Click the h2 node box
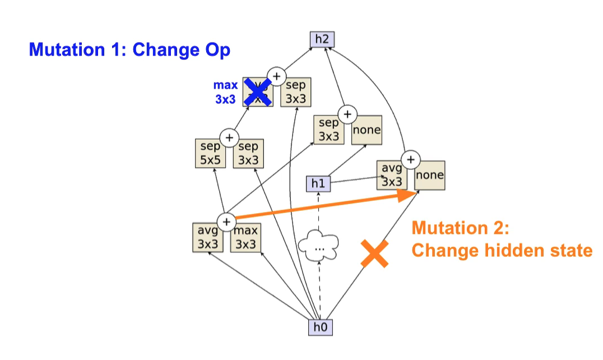coord(321,39)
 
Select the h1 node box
coord(318,183)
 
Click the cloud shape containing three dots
coord(319,246)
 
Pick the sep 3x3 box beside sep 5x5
coord(248,153)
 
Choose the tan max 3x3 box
coord(245,238)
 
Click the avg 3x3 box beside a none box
coord(392,175)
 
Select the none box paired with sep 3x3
coord(367,130)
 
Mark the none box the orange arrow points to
coord(430,176)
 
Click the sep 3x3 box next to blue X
coord(295,91)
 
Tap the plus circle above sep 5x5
coord(229,137)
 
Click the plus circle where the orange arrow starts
coord(226,221)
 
